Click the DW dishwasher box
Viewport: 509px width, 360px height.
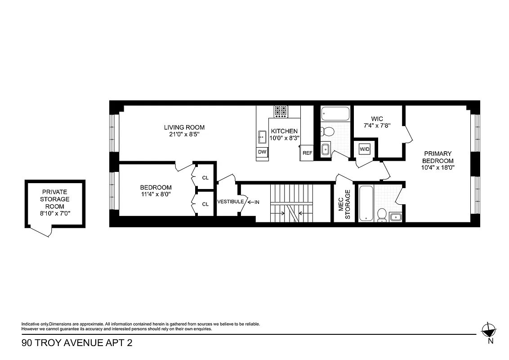tap(262, 153)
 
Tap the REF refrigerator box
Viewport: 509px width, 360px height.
tap(307, 153)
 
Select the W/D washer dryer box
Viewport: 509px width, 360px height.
tap(364, 148)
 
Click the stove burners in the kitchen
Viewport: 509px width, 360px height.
tap(281, 111)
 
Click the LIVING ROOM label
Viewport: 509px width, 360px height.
tap(184, 127)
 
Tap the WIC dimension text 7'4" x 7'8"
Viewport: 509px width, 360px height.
tap(377, 126)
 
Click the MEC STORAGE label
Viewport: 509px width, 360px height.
tap(344, 204)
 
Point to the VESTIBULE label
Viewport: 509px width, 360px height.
tap(231, 202)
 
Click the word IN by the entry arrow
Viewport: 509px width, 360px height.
tap(257, 202)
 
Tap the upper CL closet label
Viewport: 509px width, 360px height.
tap(205, 178)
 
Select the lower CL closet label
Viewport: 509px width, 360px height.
tap(205, 204)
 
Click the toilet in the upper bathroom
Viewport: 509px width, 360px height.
tap(328, 132)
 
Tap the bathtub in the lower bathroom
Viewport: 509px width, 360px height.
tap(366, 203)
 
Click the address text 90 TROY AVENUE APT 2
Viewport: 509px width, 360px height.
tap(77, 343)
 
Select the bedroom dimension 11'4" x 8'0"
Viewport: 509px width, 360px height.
tap(156, 194)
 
